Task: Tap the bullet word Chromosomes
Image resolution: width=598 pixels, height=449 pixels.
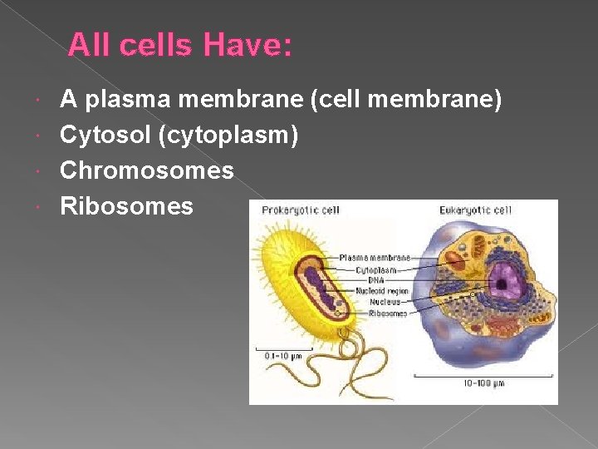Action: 147,170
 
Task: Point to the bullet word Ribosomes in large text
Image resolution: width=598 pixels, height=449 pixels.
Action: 126,205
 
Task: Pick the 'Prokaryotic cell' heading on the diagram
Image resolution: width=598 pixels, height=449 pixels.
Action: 301,210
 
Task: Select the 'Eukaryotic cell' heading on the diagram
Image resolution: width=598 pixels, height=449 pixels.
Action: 476,210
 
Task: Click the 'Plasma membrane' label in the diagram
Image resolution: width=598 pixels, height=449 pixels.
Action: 373,258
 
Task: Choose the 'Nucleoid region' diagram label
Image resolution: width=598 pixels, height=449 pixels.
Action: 382,291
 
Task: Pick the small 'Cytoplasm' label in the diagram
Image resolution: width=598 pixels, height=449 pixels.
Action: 375,269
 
